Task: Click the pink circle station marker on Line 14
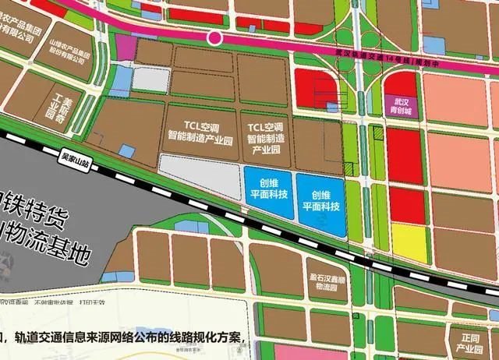[x=214, y=37]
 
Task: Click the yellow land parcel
[x=409, y=242]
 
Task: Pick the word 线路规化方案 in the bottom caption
[x=207, y=338]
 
